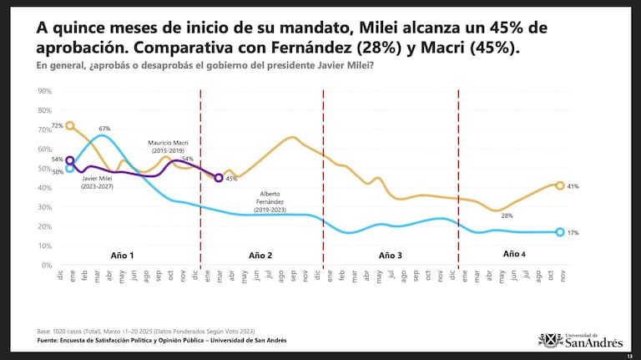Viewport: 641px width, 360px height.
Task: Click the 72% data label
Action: (x=57, y=124)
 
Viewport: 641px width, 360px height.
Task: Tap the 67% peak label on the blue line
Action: (x=105, y=129)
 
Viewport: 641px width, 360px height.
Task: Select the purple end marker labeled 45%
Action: (x=219, y=178)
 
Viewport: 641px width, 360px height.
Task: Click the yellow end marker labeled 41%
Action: (x=560, y=185)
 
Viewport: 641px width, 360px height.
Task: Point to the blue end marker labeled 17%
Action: (x=560, y=232)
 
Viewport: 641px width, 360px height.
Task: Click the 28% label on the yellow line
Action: (x=507, y=215)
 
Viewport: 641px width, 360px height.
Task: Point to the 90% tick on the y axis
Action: (x=45, y=90)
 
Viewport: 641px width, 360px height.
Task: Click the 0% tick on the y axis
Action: (x=47, y=265)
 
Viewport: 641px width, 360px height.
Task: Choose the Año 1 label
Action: (x=122, y=253)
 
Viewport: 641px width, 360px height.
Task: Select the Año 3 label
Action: (x=390, y=254)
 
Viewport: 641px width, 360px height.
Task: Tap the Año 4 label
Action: (x=515, y=253)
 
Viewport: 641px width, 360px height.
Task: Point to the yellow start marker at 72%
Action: (x=70, y=125)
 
